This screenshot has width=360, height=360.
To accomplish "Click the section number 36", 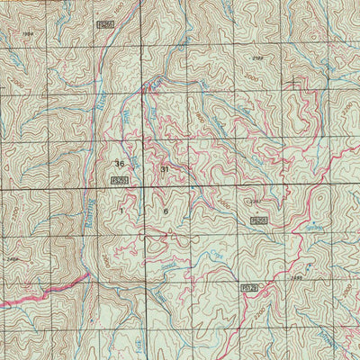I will point(120,164).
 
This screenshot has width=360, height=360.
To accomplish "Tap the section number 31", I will point(165,169).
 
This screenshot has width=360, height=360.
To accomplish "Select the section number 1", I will point(121,209).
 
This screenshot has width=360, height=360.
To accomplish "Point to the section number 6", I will point(166,211).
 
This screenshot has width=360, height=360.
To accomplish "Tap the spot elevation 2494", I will point(12,257).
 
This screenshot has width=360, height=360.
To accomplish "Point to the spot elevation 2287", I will point(255,201).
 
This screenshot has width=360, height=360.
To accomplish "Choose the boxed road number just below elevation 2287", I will point(259,219).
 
